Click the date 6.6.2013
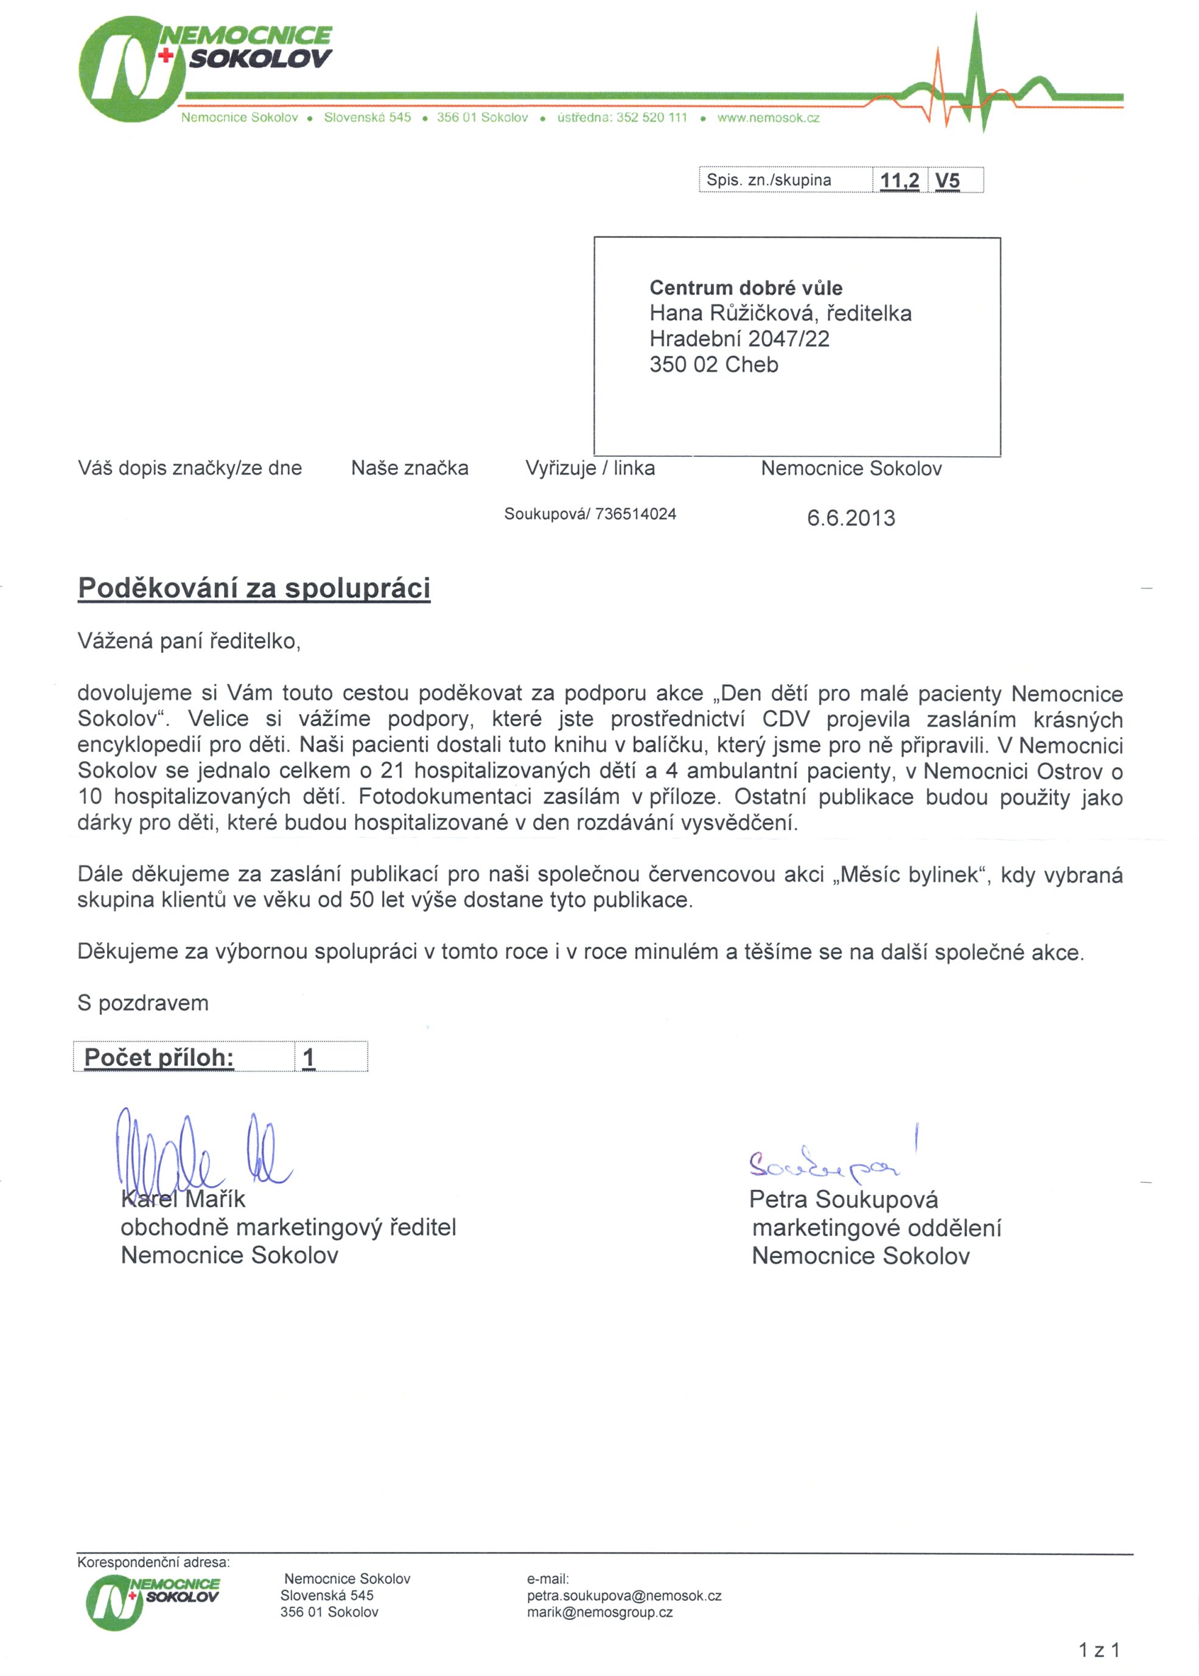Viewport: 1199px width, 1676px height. point(850,518)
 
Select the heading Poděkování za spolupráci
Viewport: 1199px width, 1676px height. point(254,588)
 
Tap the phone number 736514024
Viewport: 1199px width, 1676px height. point(635,515)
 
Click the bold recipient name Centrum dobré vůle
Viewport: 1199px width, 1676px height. point(746,288)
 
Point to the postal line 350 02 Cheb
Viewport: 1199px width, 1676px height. point(714,364)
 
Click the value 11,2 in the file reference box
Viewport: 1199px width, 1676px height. point(900,181)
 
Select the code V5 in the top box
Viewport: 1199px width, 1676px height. point(947,181)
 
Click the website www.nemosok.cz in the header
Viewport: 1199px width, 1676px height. point(768,118)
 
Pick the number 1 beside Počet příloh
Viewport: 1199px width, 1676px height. point(309,1057)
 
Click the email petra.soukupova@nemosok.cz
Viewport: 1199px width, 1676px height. point(624,1596)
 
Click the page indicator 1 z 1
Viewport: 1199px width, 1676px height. point(1099,1650)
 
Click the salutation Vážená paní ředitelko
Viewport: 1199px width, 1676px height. point(189,641)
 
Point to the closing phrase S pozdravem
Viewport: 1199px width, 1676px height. point(143,1003)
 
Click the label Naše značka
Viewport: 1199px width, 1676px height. point(410,468)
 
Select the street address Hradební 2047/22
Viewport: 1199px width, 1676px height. point(739,339)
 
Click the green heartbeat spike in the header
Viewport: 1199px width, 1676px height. point(977,74)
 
